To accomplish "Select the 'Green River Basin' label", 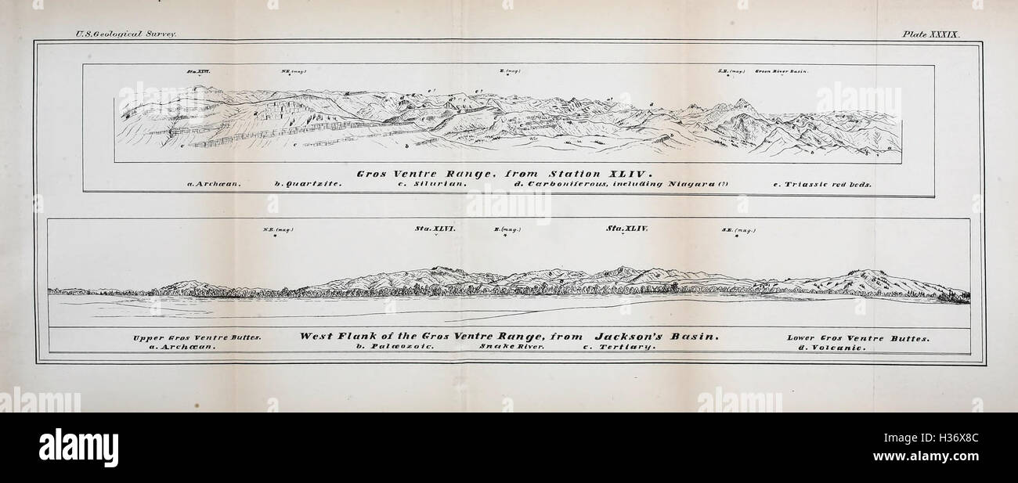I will [781, 71].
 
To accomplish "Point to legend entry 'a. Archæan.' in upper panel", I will [214, 185].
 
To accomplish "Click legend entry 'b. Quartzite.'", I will [308, 185].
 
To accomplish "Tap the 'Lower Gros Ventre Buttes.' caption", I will [858, 338].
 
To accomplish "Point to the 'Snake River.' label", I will [512, 348].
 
